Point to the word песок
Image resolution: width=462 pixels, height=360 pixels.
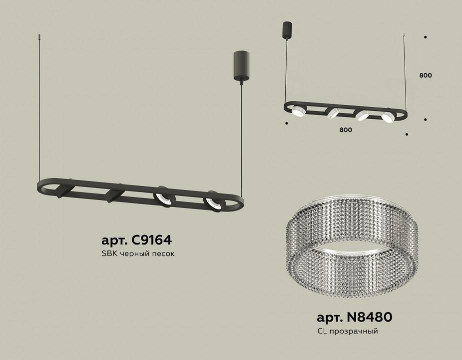[x=164, y=254]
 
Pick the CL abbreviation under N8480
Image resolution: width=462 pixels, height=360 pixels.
[x=322, y=331]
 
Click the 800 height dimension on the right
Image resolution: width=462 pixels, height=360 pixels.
[x=426, y=75]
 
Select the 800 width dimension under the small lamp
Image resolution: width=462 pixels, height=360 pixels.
[x=346, y=130]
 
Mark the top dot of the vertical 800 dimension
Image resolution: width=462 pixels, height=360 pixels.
[x=425, y=37]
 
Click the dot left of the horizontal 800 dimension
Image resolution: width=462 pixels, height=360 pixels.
[x=286, y=123]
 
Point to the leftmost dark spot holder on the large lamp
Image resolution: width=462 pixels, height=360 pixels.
[x=65, y=189]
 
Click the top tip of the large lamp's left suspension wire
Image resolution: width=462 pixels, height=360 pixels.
[x=39, y=35]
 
